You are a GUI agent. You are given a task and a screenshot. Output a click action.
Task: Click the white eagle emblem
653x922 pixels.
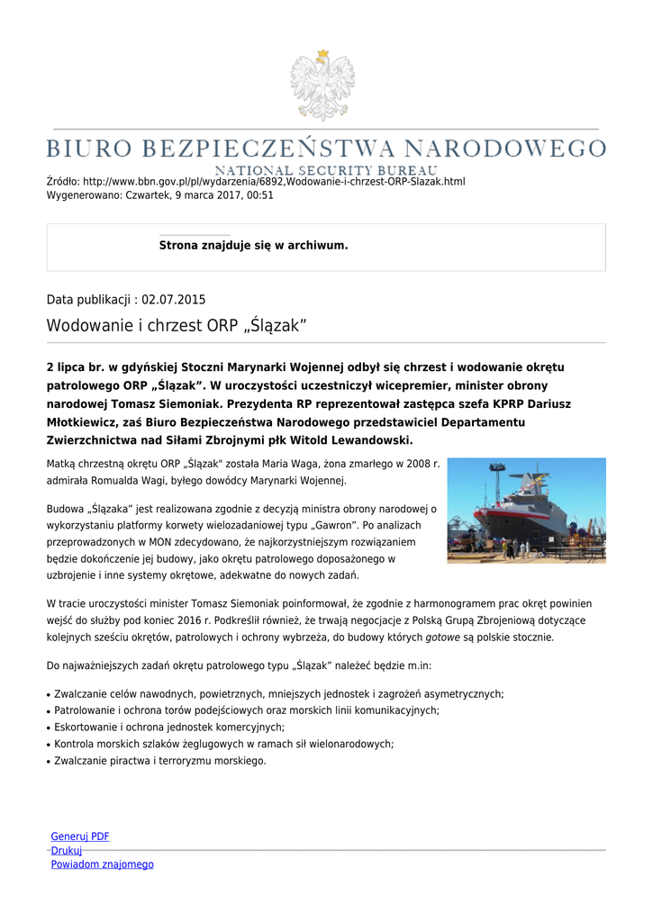point(322,86)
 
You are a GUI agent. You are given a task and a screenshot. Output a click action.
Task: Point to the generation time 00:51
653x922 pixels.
point(260,194)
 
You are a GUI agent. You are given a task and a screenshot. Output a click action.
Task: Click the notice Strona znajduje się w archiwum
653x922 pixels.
point(253,245)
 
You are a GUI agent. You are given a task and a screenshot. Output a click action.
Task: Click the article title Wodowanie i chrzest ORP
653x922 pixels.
point(177,326)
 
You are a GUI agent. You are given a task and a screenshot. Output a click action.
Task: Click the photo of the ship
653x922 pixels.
point(526,511)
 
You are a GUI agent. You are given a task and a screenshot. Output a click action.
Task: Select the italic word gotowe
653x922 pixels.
point(442,637)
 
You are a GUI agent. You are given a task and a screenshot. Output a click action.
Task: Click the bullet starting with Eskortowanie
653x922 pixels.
point(169,727)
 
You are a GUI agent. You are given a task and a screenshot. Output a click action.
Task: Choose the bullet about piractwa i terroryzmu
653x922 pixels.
point(160,761)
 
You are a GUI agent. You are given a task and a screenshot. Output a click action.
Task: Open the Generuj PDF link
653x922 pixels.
point(80,836)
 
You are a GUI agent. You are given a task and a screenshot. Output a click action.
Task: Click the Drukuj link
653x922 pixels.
point(66,850)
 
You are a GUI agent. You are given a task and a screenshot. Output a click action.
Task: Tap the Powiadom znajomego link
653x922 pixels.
point(102,864)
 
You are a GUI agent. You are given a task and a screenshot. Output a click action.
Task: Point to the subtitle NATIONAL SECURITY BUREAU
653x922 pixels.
point(326,170)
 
